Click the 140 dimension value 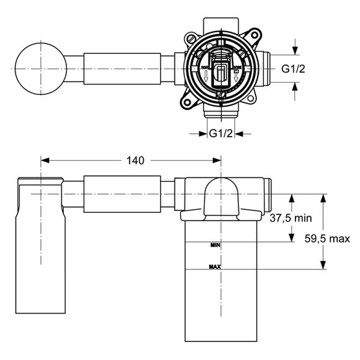coord(135,160)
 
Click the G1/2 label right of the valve coord(293,70)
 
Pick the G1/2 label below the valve coord(220,133)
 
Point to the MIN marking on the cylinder coord(215,246)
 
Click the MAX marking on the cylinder coord(215,267)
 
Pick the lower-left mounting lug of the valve coord(187,99)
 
